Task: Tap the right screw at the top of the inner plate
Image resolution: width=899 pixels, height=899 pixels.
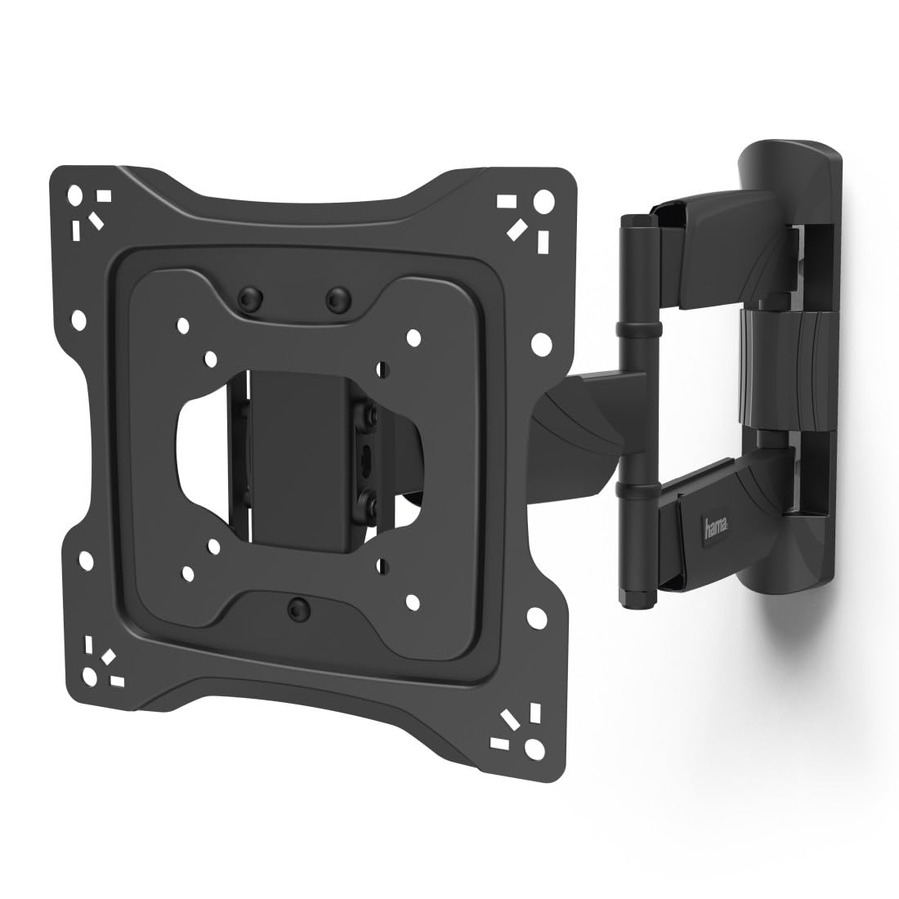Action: pyautogui.click(x=333, y=297)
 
